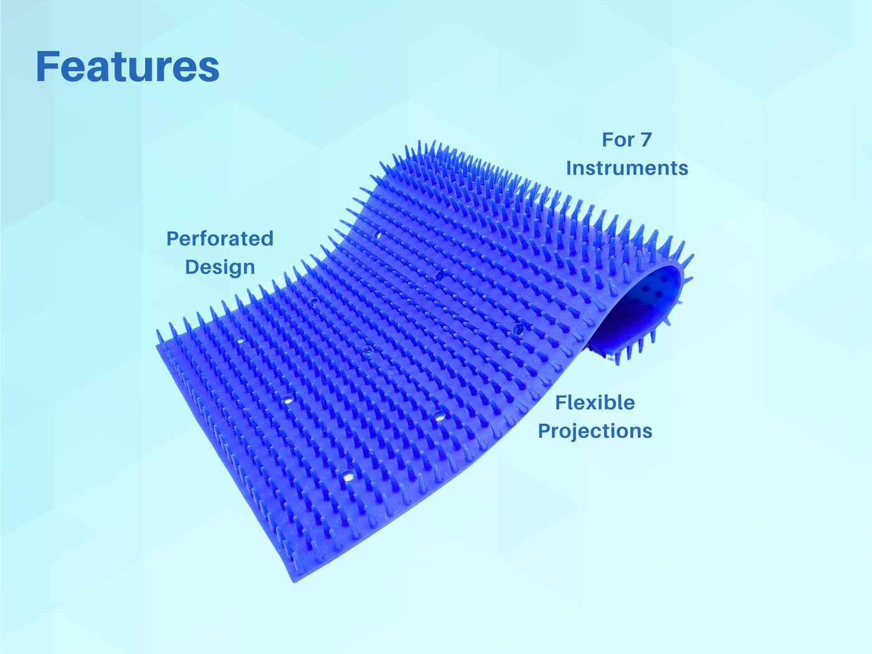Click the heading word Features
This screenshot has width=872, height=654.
[128, 66]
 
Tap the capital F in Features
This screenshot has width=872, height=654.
[45, 66]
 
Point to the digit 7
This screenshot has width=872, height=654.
[645, 140]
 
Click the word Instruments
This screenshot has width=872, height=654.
[627, 168]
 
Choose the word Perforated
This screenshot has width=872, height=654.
[220, 239]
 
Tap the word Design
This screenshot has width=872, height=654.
[220, 267]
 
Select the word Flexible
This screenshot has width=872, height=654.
[595, 402]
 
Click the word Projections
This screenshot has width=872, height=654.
[595, 431]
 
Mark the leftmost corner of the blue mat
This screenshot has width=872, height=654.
[156, 344]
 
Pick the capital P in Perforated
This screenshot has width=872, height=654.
[173, 239]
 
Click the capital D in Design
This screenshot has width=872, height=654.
[192, 267]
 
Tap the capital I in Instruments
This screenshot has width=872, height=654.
[569, 168]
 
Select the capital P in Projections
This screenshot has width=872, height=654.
[544, 430]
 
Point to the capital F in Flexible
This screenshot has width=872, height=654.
[561, 402]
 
